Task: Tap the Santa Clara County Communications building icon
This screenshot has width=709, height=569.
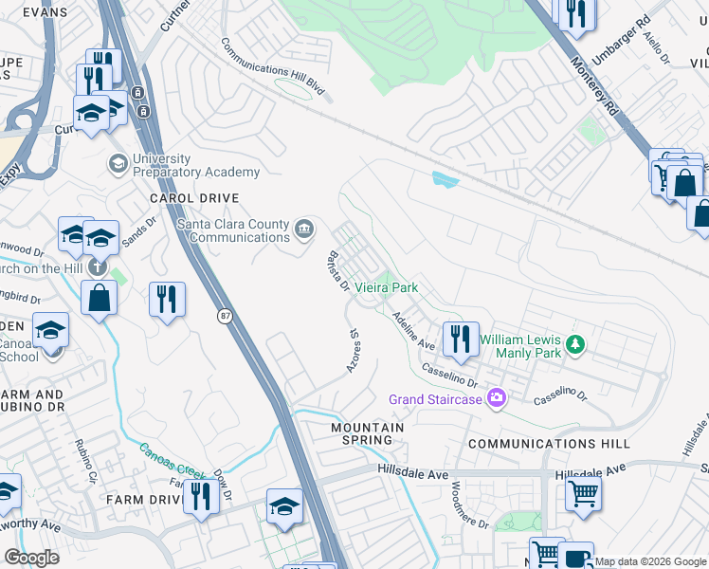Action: coord(305,229)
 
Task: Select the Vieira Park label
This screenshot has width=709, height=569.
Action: coord(387,287)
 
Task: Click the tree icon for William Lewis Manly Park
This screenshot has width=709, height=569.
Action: coord(573,343)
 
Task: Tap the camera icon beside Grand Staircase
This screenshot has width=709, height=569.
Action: coord(495,398)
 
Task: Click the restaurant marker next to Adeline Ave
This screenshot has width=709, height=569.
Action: coord(460,339)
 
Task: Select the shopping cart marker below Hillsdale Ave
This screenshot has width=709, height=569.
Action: coord(583,493)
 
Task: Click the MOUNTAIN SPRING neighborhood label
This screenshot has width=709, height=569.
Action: coord(367,433)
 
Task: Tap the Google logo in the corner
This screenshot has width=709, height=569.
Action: coord(31,558)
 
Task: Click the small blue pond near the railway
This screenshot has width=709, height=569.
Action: coord(444,178)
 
